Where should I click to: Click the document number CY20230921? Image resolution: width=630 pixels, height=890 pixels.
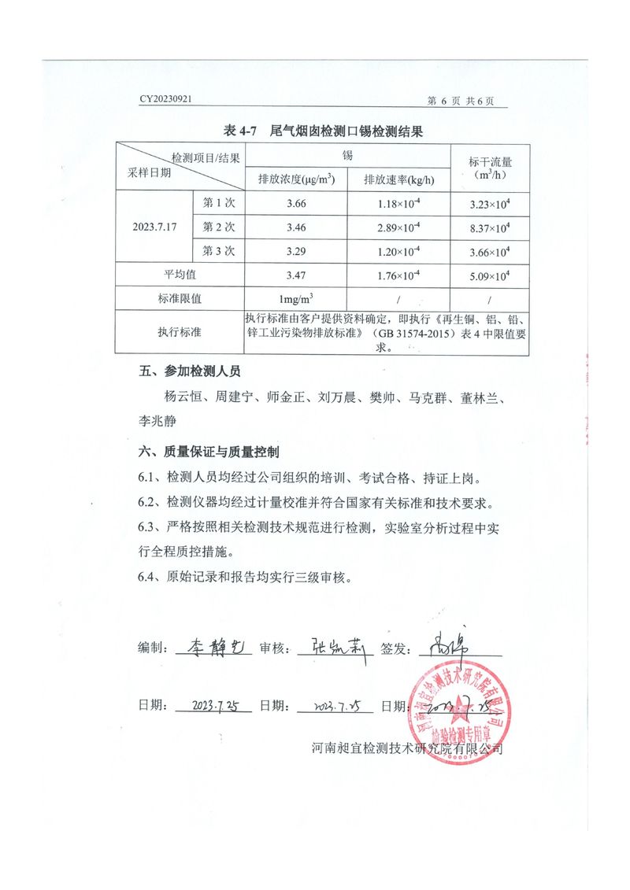[x=166, y=100]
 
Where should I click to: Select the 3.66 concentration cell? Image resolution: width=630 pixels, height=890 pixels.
[x=297, y=204]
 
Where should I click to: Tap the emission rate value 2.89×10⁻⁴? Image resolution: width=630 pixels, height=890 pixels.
[x=398, y=227]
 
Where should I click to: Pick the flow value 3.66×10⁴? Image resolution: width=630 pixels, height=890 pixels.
[x=489, y=252]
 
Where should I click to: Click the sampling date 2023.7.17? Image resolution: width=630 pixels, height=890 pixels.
[x=155, y=227]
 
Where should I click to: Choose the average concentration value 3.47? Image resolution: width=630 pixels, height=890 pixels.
[x=297, y=275]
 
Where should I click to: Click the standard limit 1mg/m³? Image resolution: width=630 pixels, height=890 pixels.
[x=297, y=299]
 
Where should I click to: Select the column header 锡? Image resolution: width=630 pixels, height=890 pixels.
[x=347, y=155]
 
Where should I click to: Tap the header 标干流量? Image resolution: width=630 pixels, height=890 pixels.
[x=490, y=162]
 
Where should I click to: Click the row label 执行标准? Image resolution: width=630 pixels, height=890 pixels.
[x=180, y=332]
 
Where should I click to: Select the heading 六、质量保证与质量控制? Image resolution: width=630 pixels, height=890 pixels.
[x=208, y=452]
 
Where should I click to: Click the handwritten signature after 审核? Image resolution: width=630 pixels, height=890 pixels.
[x=331, y=647]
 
